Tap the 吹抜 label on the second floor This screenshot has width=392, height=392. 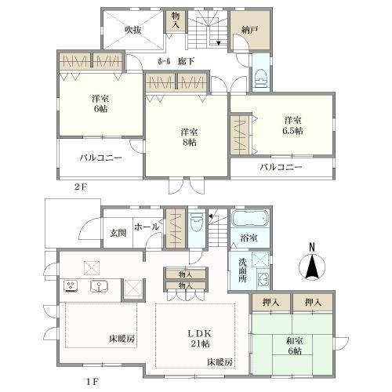(133, 30)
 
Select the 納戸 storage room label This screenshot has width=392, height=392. (250, 30)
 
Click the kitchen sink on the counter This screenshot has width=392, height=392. (100, 286)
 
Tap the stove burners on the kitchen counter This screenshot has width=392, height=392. (71, 286)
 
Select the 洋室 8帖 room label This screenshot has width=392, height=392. (189, 137)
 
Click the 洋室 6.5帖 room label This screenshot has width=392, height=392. (292, 125)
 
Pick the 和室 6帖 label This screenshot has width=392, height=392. (295, 346)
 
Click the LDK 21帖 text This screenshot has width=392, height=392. (200, 339)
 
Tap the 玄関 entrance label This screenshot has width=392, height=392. (118, 233)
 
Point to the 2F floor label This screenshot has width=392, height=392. (80, 187)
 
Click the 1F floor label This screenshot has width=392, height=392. (92, 382)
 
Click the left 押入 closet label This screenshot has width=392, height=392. (270, 303)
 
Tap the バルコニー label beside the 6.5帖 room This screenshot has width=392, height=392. (281, 167)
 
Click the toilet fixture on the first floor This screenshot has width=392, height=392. (197, 222)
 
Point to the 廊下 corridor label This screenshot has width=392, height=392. (186, 61)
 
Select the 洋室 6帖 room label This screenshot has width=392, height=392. (100, 103)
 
